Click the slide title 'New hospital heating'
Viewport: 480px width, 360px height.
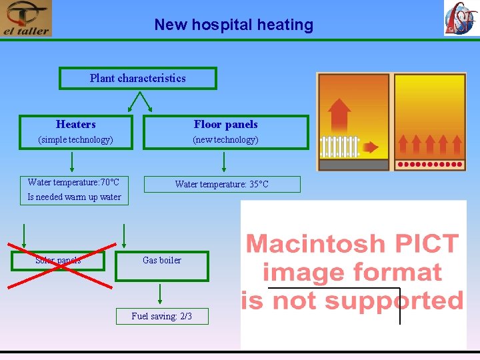point(233,25)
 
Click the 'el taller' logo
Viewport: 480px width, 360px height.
point(26,19)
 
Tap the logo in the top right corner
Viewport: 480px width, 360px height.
point(461,18)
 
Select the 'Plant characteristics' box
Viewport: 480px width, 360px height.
point(138,78)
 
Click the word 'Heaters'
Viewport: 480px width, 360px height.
point(76,124)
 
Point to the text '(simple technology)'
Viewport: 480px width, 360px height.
point(75,140)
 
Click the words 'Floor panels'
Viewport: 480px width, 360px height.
point(225,124)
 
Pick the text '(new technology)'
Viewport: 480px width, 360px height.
point(225,140)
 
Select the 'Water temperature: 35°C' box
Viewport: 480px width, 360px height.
point(222,184)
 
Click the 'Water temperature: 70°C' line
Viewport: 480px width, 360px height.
point(73,182)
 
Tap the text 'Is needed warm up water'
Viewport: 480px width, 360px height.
point(74,197)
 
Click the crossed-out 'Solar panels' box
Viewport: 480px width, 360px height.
point(58,260)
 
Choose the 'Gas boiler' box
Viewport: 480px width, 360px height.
point(162,260)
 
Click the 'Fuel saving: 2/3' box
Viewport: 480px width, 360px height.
point(162,316)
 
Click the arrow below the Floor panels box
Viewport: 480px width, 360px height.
point(224,161)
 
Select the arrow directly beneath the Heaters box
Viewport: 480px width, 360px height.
point(73,161)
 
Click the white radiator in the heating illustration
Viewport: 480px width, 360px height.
point(340,146)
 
